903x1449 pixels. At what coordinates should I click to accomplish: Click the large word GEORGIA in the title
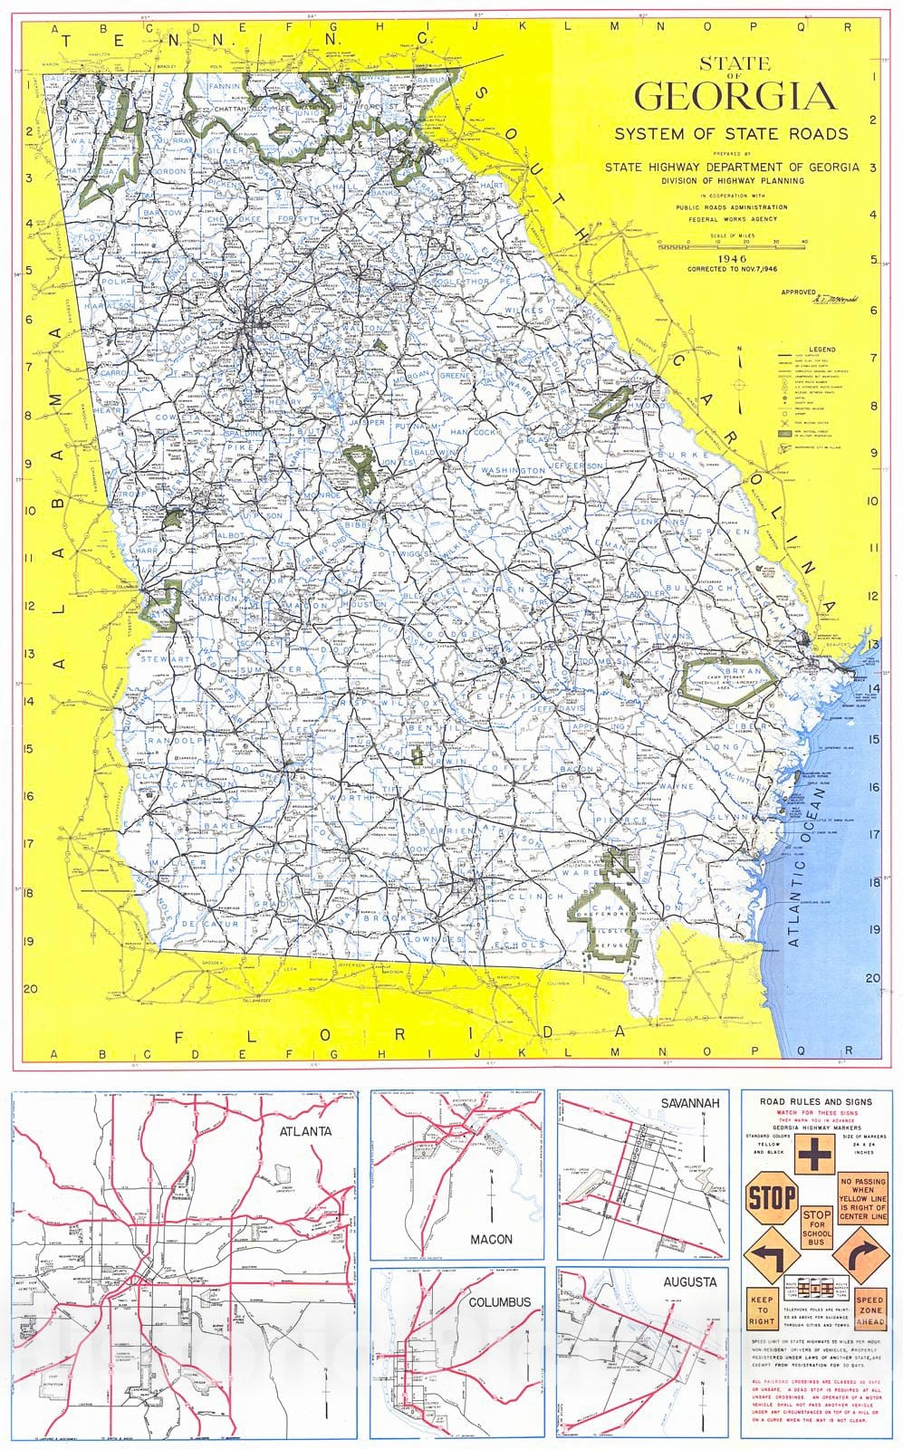click(x=735, y=96)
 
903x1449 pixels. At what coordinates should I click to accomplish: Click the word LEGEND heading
click(x=821, y=349)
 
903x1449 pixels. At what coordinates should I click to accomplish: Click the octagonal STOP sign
click(x=771, y=1198)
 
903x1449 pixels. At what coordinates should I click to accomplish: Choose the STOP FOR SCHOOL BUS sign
click(x=816, y=1227)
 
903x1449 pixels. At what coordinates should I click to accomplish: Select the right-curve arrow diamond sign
click(x=861, y=1256)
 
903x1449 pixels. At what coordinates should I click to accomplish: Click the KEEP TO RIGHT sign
click(x=763, y=1309)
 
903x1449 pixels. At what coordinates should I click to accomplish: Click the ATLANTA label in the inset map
click(x=304, y=1130)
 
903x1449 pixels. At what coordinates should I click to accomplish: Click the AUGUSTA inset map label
click(x=689, y=1281)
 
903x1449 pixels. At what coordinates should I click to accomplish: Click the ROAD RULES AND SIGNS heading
click(x=815, y=1100)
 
